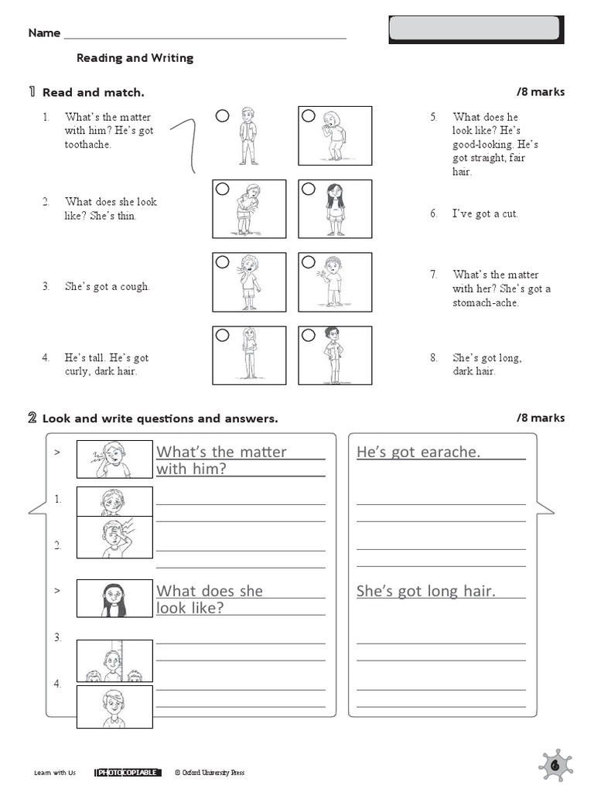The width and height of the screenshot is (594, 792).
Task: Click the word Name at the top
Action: click(x=44, y=32)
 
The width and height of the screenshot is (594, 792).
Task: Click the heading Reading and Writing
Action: click(x=135, y=58)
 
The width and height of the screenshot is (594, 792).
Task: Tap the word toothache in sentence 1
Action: click(x=88, y=145)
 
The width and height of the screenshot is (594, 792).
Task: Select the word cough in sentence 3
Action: click(x=134, y=286)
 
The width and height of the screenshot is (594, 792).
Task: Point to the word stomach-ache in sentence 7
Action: click(x=486, y=302)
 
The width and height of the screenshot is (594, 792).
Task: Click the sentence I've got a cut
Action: click(x=485, y=213)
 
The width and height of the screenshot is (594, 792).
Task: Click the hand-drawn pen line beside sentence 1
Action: click(x=186, y=143)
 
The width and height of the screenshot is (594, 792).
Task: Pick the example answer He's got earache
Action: click(x=418, y=452)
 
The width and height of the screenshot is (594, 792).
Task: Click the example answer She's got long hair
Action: click(x=426, y=592)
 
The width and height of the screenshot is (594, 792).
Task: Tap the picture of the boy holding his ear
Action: click(x=114, y=459)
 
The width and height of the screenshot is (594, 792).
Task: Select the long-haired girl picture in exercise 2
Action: click(x=114, y=599)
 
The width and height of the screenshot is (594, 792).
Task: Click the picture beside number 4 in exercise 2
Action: click(x=114, y=706)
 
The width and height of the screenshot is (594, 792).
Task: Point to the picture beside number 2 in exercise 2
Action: click(x=114, y=537)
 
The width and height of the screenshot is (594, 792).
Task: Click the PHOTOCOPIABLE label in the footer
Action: click(x=128, y=772)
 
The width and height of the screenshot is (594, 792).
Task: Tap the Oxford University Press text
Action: click(x=210, y=772)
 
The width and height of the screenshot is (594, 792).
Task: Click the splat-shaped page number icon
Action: click(x=555, y=765)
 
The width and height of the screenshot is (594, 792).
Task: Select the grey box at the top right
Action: click(x=474, y=29)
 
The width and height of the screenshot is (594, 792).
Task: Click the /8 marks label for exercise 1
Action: click(x=541, y=92)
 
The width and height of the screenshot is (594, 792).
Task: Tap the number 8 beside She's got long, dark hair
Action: click(x=434, y=357)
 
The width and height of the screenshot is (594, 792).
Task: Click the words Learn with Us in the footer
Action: click(x=56, y=772)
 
